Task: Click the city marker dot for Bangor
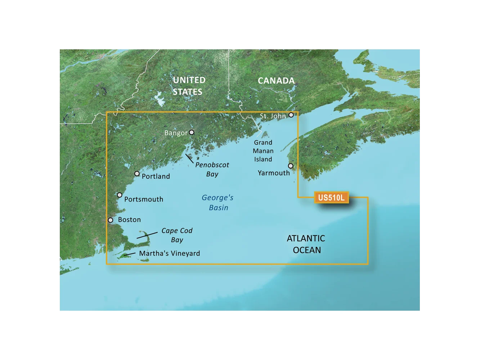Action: [x=192, y=132]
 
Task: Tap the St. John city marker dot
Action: [x=291, y=115]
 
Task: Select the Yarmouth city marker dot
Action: [x=291, y=166]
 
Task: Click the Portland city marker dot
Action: [x=137, y=174]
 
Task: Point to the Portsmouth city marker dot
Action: [x=120, y=195]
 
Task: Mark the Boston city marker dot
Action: [x=111, y=220]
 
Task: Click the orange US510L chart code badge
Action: [x=331, y=197]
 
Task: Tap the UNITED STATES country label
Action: [x=189, y=86]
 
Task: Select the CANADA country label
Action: [x=276, y=81]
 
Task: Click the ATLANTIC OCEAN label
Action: [x=306, y=244]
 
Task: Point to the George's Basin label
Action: [x=218, y=202]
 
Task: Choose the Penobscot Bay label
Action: [x=212, y=169]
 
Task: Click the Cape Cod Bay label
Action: [x=177, y=235]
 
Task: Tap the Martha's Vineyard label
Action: [x=169, y=253]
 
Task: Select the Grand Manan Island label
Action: [x=263, y=151]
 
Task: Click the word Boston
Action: [x=129, y=220]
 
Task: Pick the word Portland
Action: [x=156, y=176]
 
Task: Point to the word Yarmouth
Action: [x=274, y=173]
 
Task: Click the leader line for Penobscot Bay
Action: [x=189, y=158]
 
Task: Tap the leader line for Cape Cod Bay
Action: [x=147, y=235]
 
